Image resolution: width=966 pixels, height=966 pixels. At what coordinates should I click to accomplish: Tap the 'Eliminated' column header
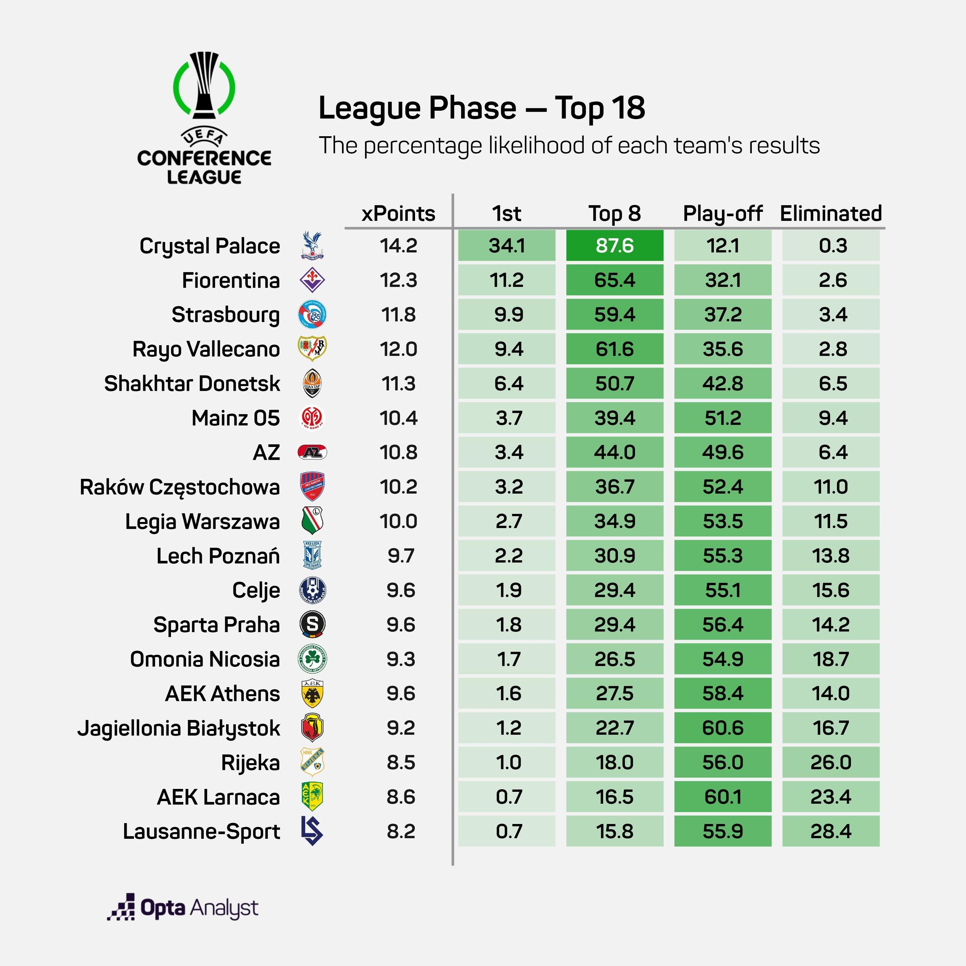pyautogui.click(x=830, y=213)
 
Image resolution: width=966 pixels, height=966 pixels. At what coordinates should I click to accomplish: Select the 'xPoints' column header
pyautogui.click(x=398, y=213)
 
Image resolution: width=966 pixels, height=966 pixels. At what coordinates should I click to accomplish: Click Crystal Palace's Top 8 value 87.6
pyautogui.click(x=614, y=245)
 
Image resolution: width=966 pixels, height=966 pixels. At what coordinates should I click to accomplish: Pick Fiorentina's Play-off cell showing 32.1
pyautogui.click(x=723, y=280)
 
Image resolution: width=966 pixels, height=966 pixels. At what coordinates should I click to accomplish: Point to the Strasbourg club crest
pyautogui.click(x=312, y=315)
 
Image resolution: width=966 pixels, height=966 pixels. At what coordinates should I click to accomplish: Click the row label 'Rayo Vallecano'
pyautogui.click(x=206, y=349)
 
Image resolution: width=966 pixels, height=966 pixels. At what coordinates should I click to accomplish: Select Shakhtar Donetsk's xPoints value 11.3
pyautogui.click(x=398, y=384)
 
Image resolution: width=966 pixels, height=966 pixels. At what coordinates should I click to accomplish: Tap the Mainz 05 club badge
pyautogui.click(x=312, y=418)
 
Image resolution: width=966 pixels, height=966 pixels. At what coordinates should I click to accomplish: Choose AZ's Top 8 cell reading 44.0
pyautogui.click(x=614, y=452)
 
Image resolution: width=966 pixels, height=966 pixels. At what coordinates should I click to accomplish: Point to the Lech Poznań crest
pyautogui.click(x=312, y=555)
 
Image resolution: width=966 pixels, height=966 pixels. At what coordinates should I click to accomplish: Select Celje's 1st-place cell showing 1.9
pyautogui.click(x=507, y=590)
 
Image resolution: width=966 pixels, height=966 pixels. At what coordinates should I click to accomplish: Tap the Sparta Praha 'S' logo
pyautogui.click(x=312, y=624)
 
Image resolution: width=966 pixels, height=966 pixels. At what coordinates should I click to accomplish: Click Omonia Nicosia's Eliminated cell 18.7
pyautogui.click(x=830, y=659)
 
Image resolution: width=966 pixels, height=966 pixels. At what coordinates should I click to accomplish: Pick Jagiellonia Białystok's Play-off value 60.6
pyautogui.click(x=723, y=728)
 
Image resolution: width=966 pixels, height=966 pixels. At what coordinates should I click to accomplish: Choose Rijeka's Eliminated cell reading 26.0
pyautogui.click(x=830, y=762)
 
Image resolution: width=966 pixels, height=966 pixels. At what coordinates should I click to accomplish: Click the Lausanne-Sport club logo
pyautogui.click(x=312, y=831)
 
